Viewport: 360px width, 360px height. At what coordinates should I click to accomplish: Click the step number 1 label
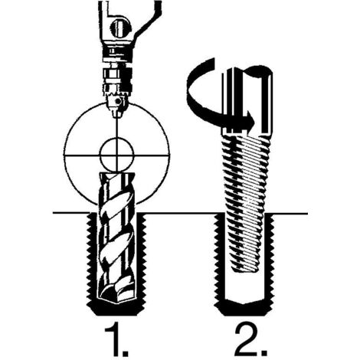113,339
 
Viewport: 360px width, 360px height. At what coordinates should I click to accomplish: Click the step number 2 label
246,339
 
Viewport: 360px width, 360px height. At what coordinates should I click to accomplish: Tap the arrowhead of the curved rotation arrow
250,120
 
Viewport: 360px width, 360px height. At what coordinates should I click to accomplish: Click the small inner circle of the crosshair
117,155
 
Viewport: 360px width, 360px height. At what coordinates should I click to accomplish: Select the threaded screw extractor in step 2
246,201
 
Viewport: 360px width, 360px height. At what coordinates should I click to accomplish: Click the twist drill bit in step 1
116,237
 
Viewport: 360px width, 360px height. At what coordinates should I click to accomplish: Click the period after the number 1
124,352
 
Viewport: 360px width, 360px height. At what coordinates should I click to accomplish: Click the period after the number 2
263,352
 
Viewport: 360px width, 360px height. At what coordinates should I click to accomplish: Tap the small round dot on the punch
118,102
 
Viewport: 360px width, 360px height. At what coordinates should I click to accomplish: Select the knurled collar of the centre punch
117,80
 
